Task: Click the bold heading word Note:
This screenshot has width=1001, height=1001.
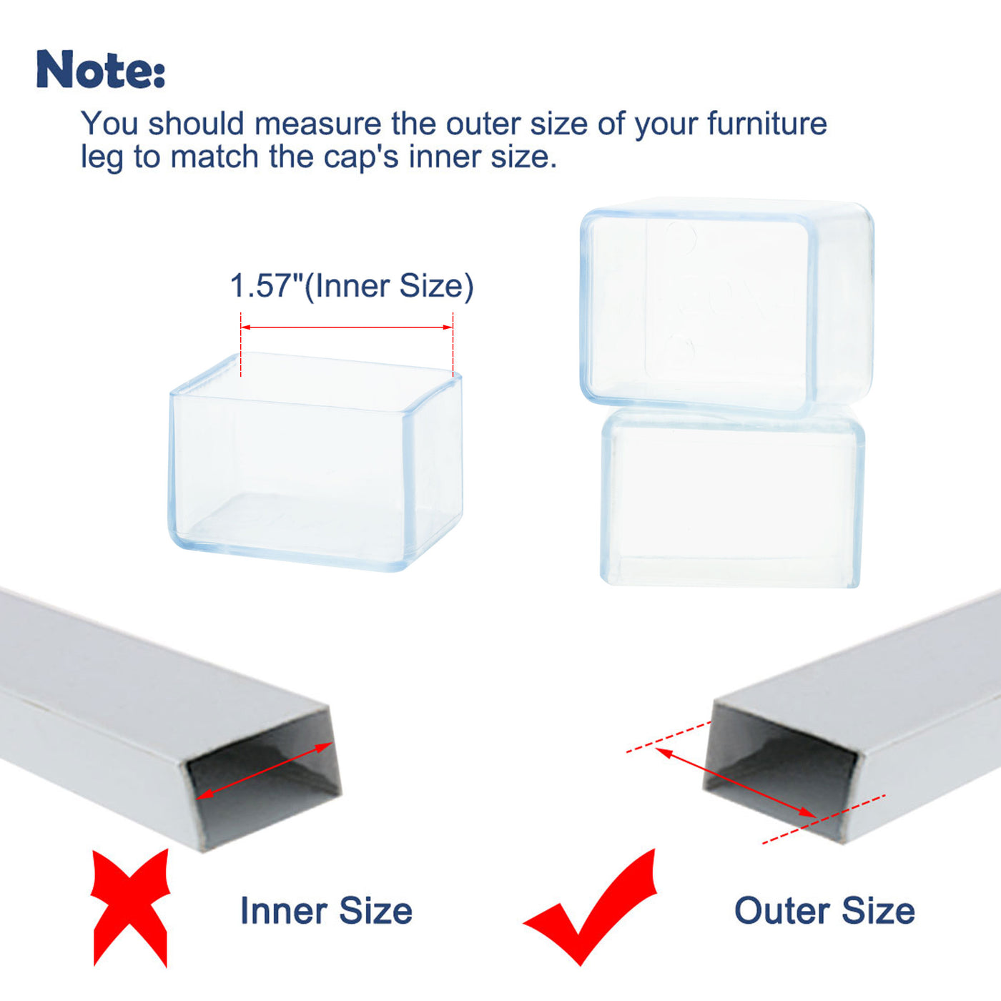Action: pyautogui.click(x=101, y=69)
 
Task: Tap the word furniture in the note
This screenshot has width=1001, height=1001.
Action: pyautogui.click(x=766, y=124)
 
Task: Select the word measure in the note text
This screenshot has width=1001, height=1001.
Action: pyautogui.click(x=317, y=124)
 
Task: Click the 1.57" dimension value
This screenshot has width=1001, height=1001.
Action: pyautogui.click(x=265, y=285)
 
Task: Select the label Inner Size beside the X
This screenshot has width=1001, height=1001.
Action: pyautogui.click(x=326, y=910)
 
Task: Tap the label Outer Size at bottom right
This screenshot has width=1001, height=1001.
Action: pyautogui.click(x=824, y=910)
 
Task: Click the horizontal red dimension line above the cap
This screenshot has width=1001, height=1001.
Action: pyautogui.click(x=347, y=327)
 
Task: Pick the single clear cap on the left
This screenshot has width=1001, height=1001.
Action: pyautogui.click(x=315, y=461)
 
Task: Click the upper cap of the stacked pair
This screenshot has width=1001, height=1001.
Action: pyautogui.click(x=726, y=307)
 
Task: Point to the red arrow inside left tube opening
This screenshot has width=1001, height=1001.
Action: pyautogui.click(x=265, y=769)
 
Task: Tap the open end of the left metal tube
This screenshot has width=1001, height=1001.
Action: pyautogui.click(x=265, y=783)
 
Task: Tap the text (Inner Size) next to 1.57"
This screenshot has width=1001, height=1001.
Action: pyautogui.click(x=389, y=285)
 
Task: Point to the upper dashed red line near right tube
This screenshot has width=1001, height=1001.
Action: pyautogui.click(x=669, y=736)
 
